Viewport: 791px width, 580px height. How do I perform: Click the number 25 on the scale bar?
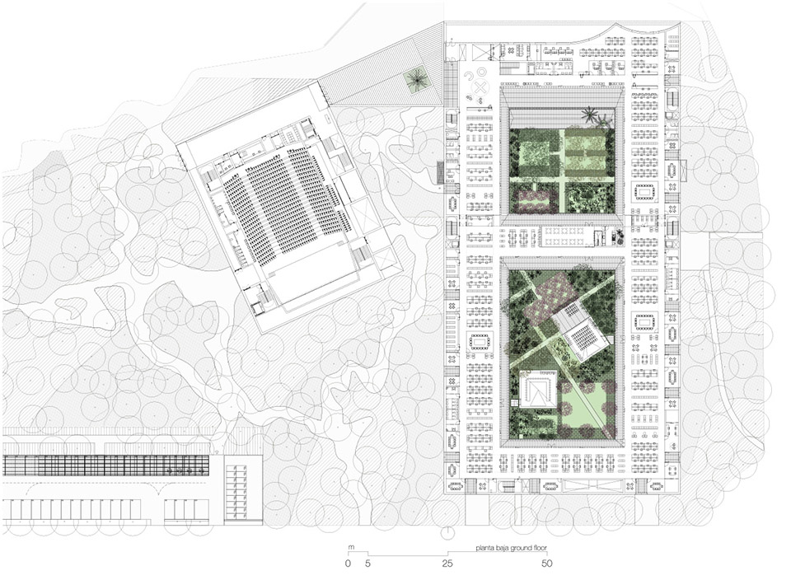pyautogui.click(x=448, y=564)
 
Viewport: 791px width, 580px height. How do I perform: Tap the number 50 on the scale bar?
pyautogui.click(x=546, y=564)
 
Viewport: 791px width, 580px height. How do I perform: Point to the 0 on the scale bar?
pyautogui.click(x=348, y=564)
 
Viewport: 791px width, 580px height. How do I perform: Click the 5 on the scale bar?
pyautogui.click(x=367, y=564)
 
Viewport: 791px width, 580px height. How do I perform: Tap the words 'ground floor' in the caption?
pyautogui.click(x=529, y=548)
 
